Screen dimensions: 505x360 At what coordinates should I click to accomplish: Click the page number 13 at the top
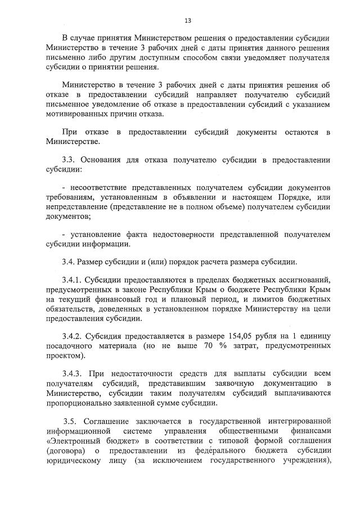click(188, 21)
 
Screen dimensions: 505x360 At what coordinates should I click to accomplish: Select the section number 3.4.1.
click(73, 279)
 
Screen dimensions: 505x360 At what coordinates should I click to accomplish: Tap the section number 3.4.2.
click(73, 335)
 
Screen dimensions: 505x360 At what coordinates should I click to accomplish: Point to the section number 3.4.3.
click(73, 373)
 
